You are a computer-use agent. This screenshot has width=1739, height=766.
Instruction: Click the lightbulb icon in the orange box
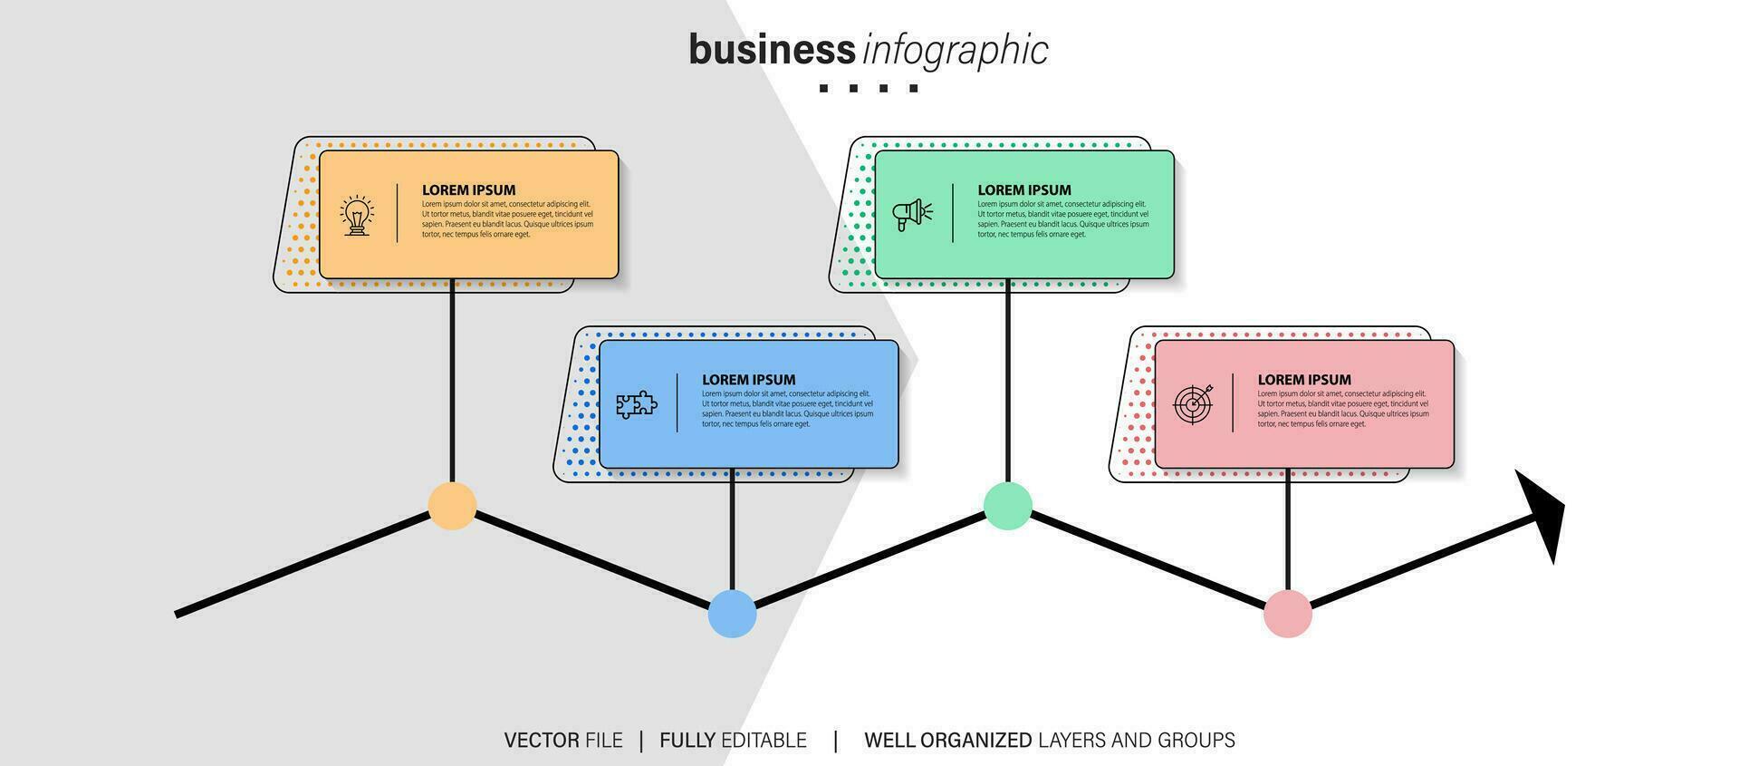[x=357, y=215]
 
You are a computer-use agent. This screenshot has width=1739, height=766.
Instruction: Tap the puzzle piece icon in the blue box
[x=637, y=404]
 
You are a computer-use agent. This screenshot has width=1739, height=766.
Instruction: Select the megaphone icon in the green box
[x=912, y=215]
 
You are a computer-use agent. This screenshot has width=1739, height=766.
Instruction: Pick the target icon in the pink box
[x=1192, y=403]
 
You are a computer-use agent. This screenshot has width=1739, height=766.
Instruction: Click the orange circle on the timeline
[x=452, y=506]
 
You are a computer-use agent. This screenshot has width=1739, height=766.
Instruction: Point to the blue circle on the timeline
[x=732, y=614]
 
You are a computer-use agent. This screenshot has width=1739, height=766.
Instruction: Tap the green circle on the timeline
[x=1007, y=506]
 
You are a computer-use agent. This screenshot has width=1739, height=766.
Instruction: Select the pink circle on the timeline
[x=1287, y=614]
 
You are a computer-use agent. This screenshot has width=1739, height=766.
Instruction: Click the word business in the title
[x=772, y=50]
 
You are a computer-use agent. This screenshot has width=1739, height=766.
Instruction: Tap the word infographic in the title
[x=956, y=51]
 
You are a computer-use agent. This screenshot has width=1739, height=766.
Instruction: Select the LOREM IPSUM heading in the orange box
[x=468, y=190]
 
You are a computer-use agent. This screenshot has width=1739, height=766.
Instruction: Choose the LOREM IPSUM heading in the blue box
[x=748, y=380]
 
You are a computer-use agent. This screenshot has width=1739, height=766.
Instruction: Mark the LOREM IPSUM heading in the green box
[x=1023, y=190]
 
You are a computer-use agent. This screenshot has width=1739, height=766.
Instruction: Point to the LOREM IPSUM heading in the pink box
[x=1303, y=380]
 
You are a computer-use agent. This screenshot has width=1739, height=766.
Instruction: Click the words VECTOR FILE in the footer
[x=563, y=741]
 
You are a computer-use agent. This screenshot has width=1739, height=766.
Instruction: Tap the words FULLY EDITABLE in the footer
[x=733, y=741]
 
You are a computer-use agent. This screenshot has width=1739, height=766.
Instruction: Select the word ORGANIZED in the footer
[x=975, y=741]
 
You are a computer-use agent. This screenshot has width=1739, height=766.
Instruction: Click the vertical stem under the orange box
[x=452, y=381]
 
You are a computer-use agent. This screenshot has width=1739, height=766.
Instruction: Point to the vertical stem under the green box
[x=1007, y=381]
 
